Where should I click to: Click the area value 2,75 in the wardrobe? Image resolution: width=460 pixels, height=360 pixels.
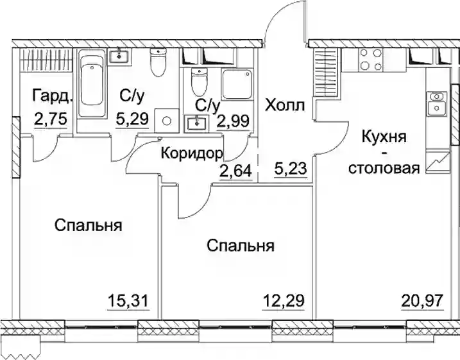point(51,119)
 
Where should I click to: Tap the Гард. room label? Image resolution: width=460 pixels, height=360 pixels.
point(53,96)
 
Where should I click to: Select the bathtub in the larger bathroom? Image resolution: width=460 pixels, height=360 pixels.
point(92,85)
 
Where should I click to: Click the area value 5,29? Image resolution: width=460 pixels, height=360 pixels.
point(132,119)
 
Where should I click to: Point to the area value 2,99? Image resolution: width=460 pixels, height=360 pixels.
point(233,120)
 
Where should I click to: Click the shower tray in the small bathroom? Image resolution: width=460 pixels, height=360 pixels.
point(237,85)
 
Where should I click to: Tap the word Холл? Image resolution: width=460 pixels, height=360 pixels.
point(285,106)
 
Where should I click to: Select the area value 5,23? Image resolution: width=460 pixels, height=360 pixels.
point(291,169)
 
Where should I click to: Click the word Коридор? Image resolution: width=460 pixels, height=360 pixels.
point(192,153)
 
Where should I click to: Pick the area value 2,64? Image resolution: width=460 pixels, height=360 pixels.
point(235,171)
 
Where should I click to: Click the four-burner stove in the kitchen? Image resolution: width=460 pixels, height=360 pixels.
point(371,59)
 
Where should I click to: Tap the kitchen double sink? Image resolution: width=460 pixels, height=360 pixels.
point(437,103)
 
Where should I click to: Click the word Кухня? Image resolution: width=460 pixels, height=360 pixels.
point(384,137)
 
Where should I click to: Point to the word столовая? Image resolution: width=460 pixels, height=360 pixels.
point(384,169)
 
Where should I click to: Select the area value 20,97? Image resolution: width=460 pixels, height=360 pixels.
point(422,301)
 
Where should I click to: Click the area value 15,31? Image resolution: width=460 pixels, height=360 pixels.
point(128,301)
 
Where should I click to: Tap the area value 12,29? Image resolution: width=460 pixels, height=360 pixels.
point(284,301)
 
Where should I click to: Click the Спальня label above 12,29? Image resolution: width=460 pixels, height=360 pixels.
point(241,246)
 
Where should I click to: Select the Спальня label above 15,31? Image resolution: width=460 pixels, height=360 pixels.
point(89,226)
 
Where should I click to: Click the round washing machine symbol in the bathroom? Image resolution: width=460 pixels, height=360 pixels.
point(167,121)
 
